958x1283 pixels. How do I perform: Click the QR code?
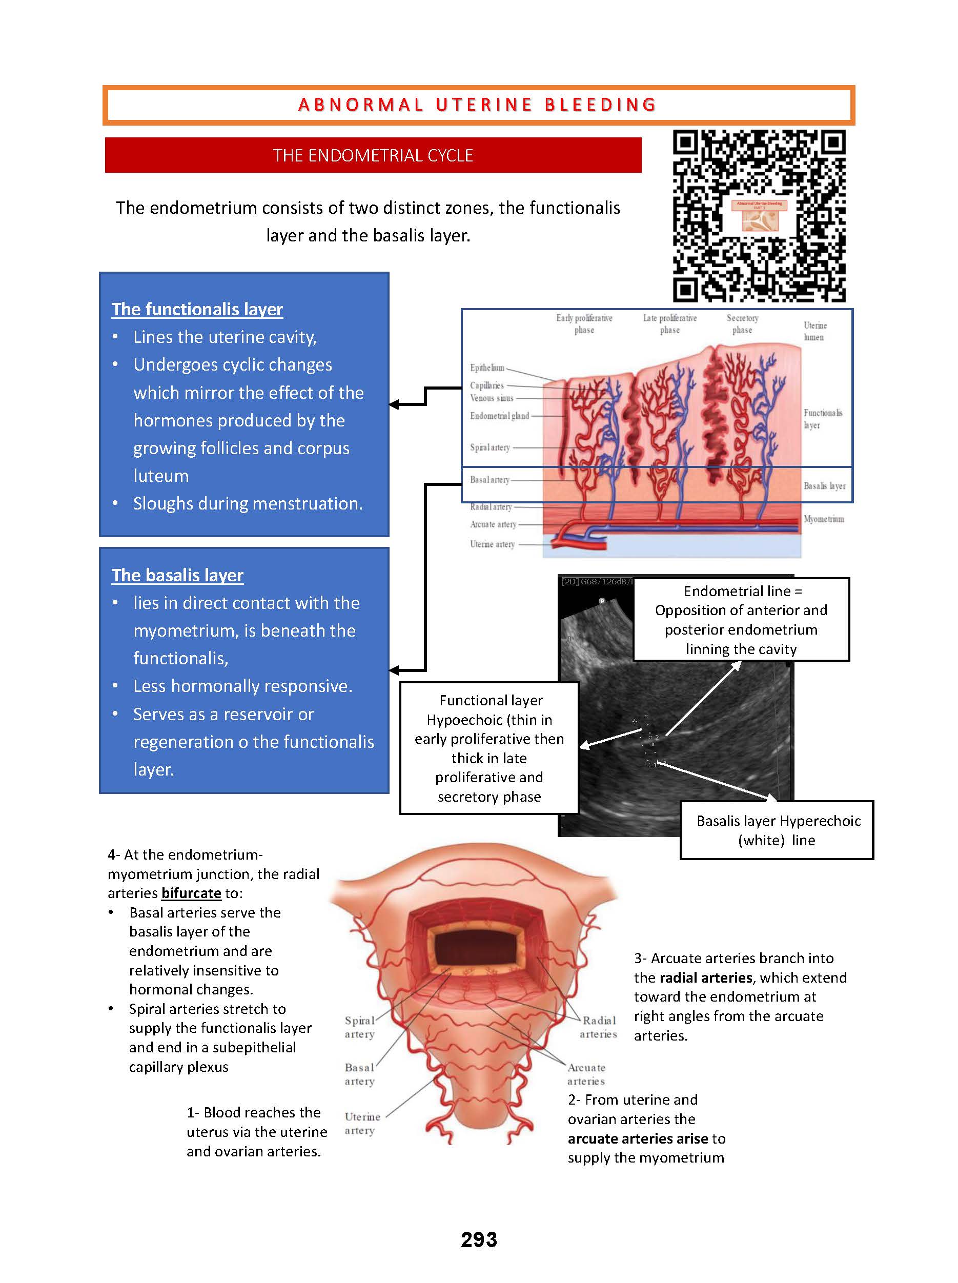759,216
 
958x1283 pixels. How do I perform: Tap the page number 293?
478,1239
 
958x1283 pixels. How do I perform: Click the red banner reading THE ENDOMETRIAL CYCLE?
373,155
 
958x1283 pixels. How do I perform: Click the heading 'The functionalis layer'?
197,309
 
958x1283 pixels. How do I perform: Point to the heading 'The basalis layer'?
177,575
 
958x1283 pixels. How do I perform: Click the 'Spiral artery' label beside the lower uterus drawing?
359,1027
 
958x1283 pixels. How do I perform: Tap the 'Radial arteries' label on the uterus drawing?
599,1027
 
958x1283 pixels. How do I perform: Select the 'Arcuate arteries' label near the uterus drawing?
586,1074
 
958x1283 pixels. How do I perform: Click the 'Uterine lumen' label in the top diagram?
814,331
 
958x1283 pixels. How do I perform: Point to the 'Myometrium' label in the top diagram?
824,519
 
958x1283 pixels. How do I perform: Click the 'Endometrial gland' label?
499,416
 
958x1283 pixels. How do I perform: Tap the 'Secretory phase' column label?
742,324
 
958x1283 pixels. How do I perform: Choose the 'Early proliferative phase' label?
584,324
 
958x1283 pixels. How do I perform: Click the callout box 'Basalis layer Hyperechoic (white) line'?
777,830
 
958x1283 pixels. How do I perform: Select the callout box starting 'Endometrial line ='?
741,619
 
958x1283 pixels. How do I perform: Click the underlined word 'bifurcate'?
191,893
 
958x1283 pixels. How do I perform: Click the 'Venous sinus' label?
492,398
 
